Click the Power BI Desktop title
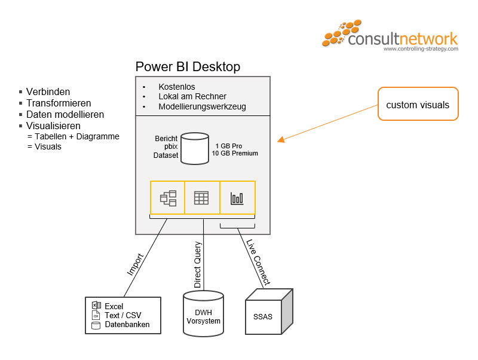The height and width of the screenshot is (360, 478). tap(188, 66)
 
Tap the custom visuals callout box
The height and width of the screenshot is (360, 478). tap(418, 105)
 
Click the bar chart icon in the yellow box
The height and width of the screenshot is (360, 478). tap(238, 197)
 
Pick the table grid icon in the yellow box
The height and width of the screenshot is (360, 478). tap(203, 197)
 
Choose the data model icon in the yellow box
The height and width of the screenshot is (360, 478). tap(168, 197)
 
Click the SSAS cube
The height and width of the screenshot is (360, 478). tap(268, 310)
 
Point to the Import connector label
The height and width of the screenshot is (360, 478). tap(135, 264)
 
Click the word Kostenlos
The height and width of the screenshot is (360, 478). tap(177, 87)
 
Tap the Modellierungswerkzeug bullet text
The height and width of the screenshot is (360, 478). tap(202, 107)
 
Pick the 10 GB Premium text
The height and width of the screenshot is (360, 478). tap(235, 154)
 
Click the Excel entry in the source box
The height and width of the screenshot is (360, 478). tap(114, 306)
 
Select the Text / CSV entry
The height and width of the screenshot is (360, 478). tap(123, 316)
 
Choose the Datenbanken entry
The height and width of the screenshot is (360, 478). tap(127, 325)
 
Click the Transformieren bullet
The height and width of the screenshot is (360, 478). tap(58, 103)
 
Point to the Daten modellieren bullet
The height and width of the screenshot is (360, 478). tap(65, 114)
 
